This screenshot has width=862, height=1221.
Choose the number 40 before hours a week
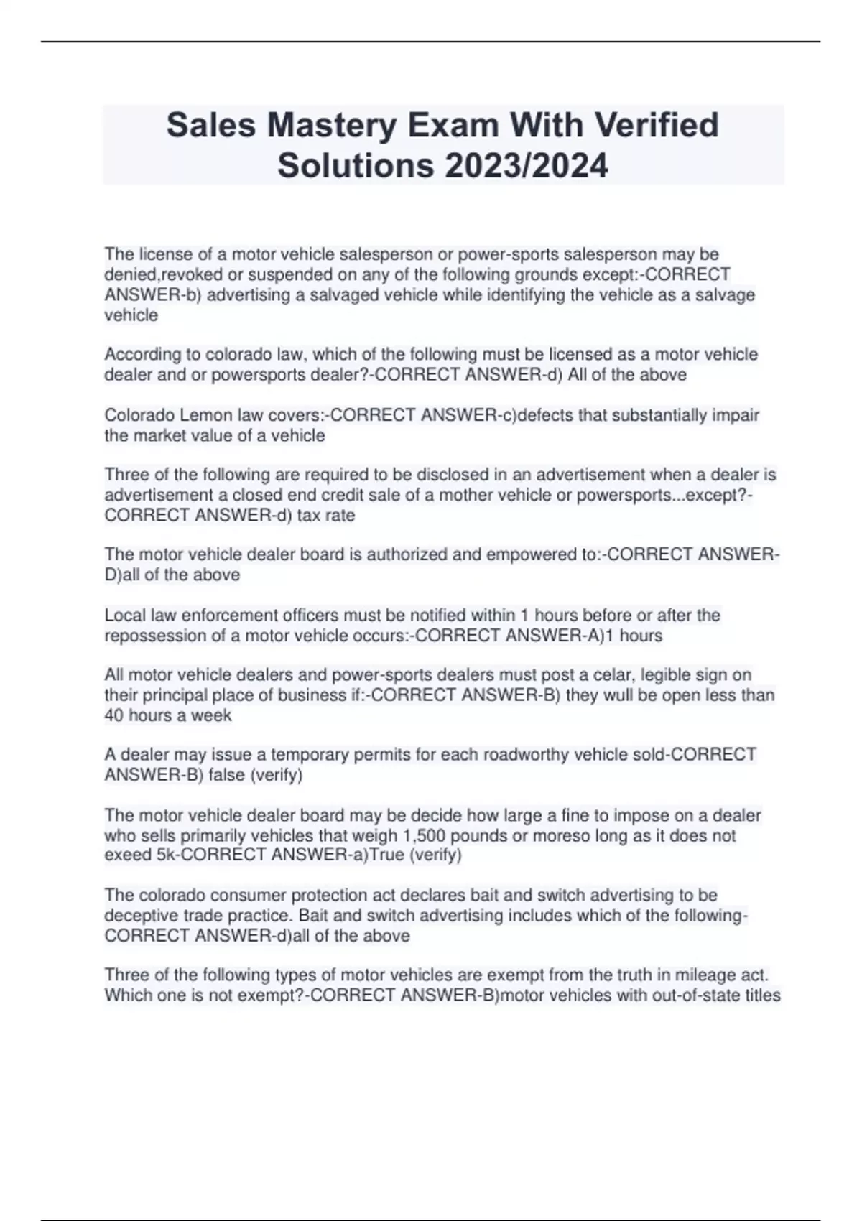114,715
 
